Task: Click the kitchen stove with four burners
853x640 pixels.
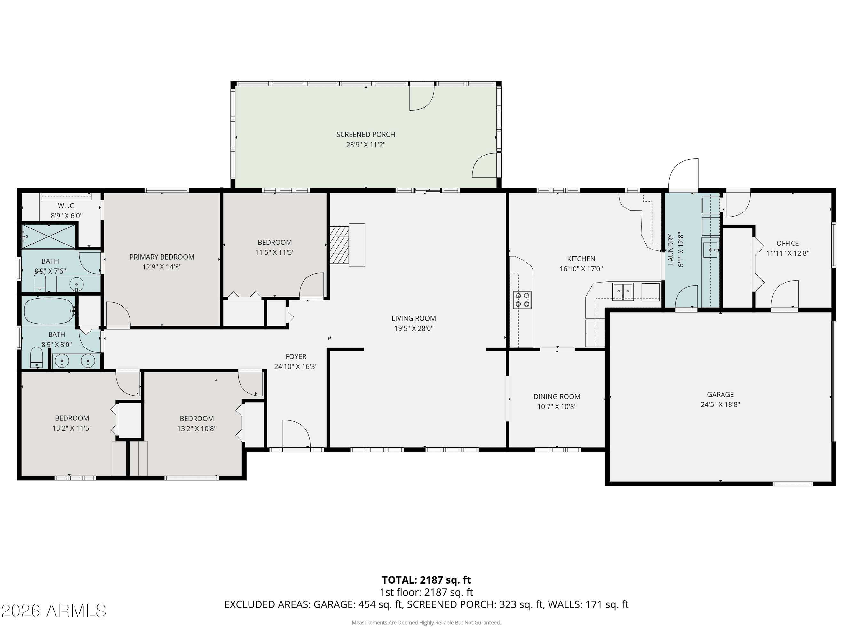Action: tap(522, 300)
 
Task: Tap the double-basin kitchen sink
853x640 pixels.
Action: tap(623, 291)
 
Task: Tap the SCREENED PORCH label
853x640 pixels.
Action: tap(366, 135)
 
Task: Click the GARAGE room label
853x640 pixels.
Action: tap(720, 394)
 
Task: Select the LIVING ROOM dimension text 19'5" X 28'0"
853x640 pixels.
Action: tap(414, 329)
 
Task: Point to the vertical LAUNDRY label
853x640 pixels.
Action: tap(671, 249)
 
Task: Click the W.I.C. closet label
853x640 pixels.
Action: tap(67, 206)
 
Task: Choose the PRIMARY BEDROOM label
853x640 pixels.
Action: tap(162, 257)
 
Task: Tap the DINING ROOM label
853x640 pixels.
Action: tap(557, 396)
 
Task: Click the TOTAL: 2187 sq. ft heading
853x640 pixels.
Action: tap(426, 580)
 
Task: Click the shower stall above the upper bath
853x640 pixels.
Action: tap(48, 236)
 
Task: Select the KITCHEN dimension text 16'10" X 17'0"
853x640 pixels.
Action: tap(581, 269)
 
